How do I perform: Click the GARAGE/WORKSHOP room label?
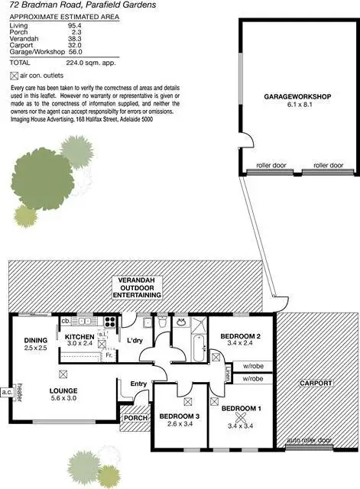[x=297, y=97]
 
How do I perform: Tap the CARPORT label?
[x=315, y=383]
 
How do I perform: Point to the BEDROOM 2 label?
[x=241, y=336]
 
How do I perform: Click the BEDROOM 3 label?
[x=180, y=416]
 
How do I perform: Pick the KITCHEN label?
[x=79, y=337]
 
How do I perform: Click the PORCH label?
[x=135, y=418]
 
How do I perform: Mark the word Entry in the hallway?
[x=138, y=384]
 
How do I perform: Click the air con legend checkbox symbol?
[x=14, y=76]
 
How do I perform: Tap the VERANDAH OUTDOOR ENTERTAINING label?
[x=137, y=287]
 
